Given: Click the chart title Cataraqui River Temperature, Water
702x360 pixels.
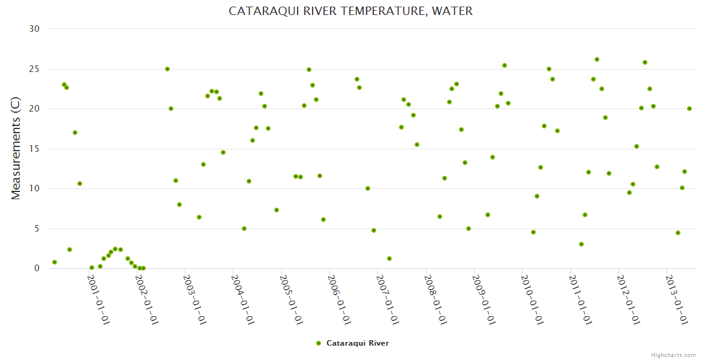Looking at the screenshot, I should pyautogui.click(x=350, y=11).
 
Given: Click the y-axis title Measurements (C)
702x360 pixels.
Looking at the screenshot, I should pyautogui.click(x=16, y=149).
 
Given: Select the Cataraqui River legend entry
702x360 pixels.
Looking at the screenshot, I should pyautogui.click(x=357, y=343).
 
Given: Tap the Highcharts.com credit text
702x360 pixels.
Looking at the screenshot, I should pyautogui.click(x=673, y=355).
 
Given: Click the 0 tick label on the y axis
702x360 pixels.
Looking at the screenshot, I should pyautogui.click(x=37, y=268).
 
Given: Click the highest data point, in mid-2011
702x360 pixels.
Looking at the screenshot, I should pyautogui.click(x=597, y=59).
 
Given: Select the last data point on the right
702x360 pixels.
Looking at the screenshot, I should pyautogui.click(x=689, y=109).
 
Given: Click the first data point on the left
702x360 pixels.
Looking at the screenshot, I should pyautogui.click(x=55, y=262).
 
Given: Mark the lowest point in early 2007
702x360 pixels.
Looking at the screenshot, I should pyautogui.click(x=389, y=259).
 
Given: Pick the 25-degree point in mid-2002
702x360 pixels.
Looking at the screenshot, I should pyautogui.click(x=167, y=69).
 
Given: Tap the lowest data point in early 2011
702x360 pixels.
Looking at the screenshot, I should pyautogui.click(x=581, y=244).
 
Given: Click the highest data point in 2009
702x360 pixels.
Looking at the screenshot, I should pyautogui.click(x=505, y=65).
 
